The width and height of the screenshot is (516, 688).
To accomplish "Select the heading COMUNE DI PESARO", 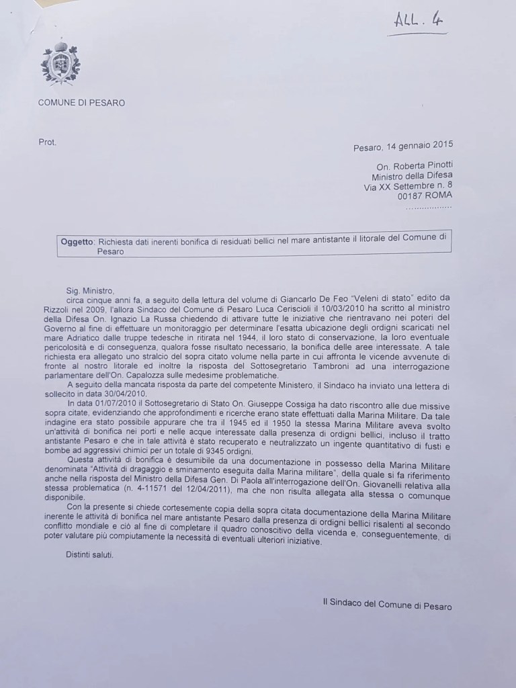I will pyautogui.click(x=81, y=103).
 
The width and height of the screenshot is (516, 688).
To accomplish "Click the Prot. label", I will pyautogui.click(x=48, y=142).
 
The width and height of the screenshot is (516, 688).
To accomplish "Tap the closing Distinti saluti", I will pyautogui.click(x=90, y=555).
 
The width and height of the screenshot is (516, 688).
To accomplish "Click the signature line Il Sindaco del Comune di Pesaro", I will pyautogui.click(x=387, y=605).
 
